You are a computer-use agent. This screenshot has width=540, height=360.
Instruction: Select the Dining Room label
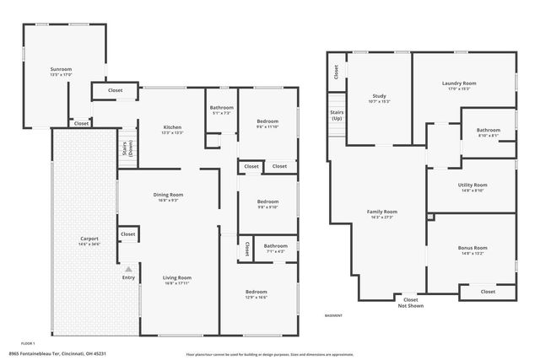tap(169, 196)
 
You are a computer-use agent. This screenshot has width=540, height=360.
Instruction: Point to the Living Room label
tap(178, 280)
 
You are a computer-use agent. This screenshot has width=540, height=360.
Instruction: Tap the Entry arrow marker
tap(128, 269)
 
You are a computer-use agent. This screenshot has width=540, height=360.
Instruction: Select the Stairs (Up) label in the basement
tap(337, 115)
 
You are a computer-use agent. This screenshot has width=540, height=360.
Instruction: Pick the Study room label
tap(379, 99)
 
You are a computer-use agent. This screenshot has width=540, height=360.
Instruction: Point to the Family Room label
tap(381, 213)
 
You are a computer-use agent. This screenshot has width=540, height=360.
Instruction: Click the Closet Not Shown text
tap(410, 302)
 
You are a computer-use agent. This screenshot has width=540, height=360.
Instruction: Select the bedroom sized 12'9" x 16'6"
tap(256, 294)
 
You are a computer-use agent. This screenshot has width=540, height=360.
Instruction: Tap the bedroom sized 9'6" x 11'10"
tap(267, 124)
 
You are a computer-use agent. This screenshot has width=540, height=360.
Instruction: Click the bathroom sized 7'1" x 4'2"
tap(275, 248)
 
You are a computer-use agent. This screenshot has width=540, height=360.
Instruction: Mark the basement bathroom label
tap(488, 132)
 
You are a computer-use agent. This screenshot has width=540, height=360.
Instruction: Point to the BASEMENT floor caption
tap(333, 315)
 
